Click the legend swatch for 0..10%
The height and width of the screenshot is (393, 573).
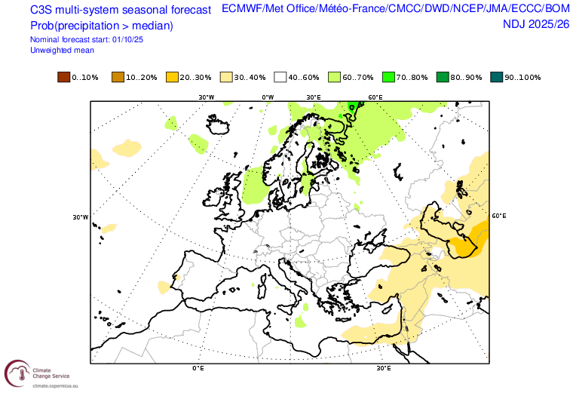63,78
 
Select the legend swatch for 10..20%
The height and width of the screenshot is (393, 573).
117,78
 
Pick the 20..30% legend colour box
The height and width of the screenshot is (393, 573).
172,78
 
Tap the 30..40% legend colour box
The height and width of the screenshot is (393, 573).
225,78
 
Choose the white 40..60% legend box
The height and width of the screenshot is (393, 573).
280,78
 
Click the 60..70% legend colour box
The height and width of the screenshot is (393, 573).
334,78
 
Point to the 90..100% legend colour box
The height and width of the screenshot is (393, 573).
497,78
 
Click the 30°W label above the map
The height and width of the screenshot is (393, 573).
206,97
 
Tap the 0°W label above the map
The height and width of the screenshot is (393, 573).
268,97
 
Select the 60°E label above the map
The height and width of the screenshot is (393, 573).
375,97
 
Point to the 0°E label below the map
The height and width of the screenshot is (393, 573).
198,369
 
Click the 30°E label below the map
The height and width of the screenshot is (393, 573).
384,369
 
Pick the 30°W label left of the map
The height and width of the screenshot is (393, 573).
81,217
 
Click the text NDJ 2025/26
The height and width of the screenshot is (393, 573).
535,24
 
